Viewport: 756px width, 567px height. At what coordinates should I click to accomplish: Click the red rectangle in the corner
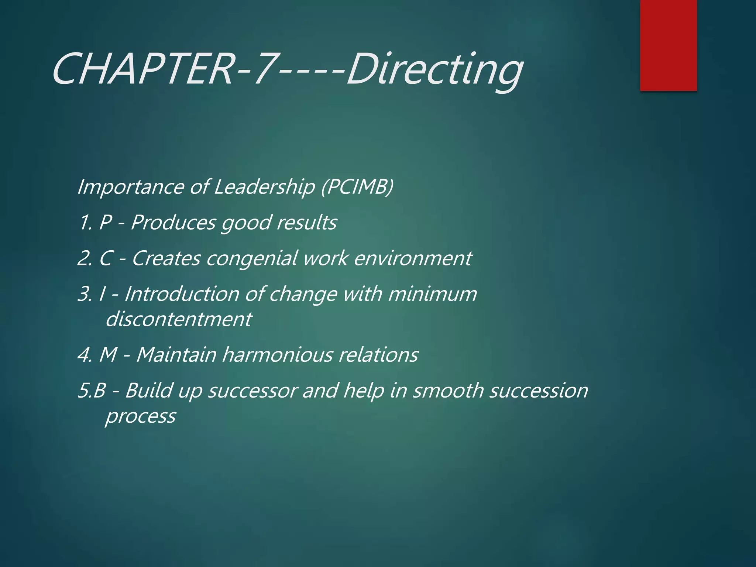click(x=668, y=45)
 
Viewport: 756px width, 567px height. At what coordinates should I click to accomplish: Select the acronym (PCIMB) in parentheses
click(x=357, y=186)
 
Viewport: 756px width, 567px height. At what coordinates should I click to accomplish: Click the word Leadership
click(x=264, y=187)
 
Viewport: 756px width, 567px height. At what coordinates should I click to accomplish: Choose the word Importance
click(x=130, y=187)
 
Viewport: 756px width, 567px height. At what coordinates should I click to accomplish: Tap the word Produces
click(x=173, y=223)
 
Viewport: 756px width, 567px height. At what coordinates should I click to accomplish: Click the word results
click(x=306, y=223)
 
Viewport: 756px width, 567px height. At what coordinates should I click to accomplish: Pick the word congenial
click(x=251, y=258)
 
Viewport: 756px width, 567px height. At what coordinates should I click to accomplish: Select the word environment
click(x=413, y=258)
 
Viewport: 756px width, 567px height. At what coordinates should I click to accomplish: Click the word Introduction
click(x=182, y=294)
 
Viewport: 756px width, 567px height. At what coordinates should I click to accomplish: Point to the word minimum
click(x=433, y=294)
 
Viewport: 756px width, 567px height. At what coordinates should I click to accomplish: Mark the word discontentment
click(x=179, y=319)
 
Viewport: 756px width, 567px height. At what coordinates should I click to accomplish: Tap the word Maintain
click(x=176, y=354)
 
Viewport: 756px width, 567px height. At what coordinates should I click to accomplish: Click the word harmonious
click(x=277, y=354)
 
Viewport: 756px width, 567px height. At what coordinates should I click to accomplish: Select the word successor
click(x=252, y=391)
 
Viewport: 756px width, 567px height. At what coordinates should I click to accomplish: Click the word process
click(x=140, y=416)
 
